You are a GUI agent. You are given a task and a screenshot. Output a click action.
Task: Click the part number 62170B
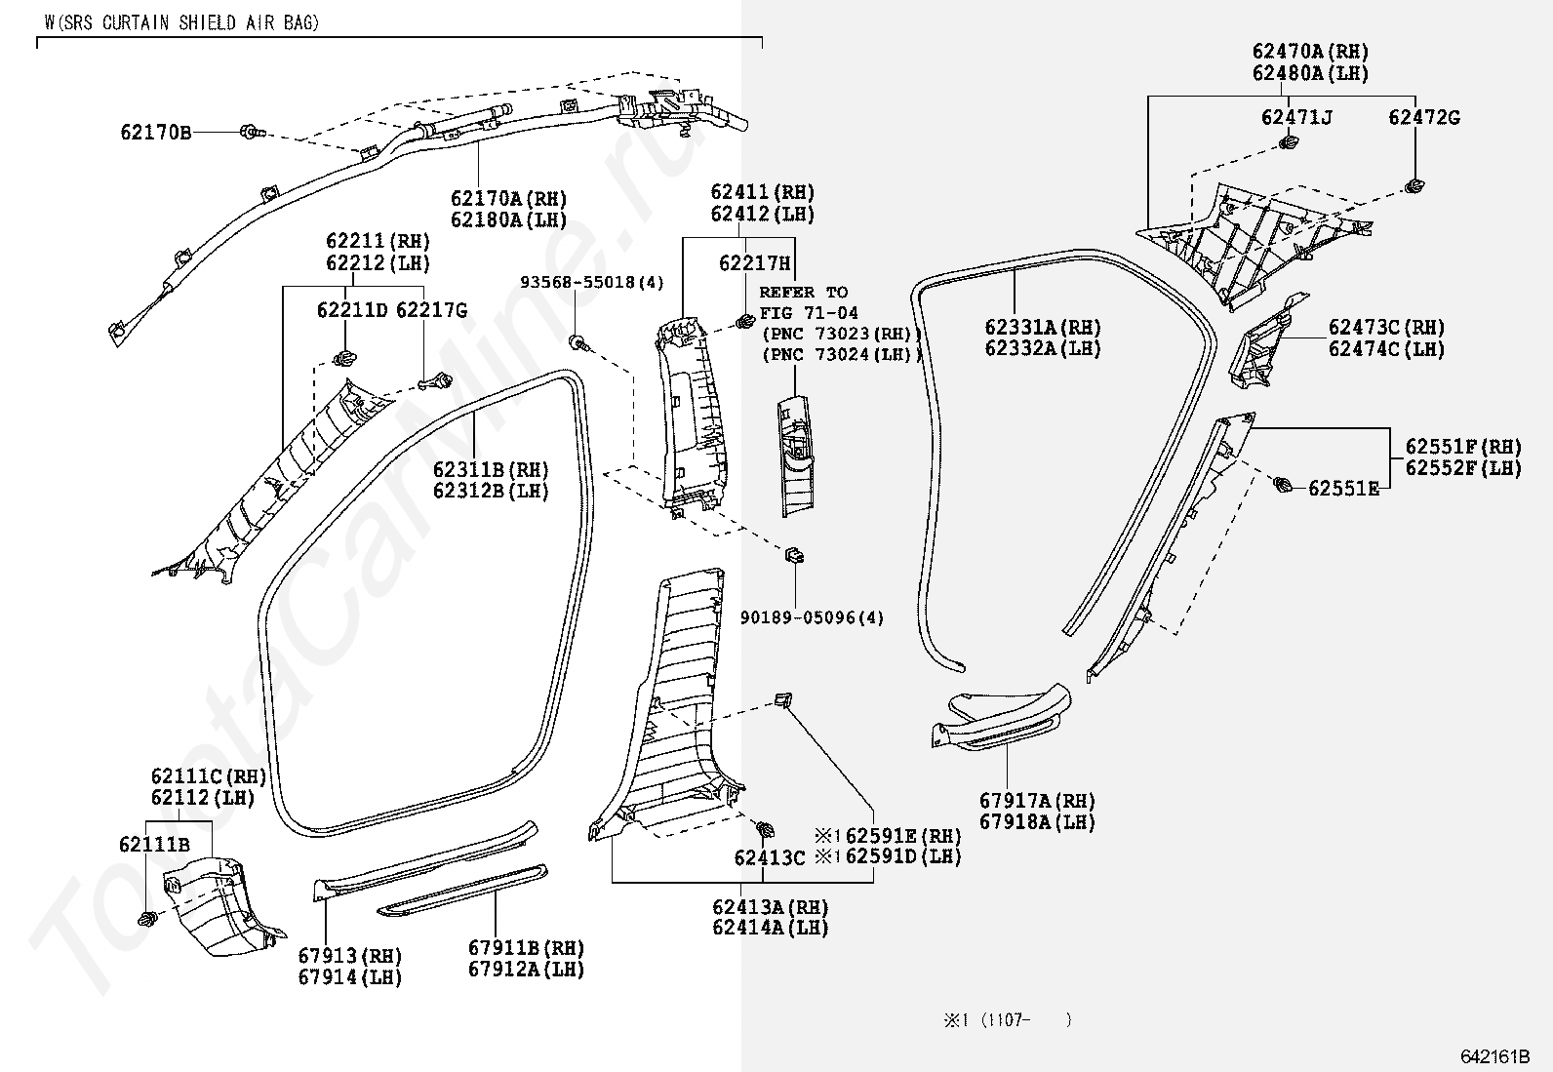click(x=156, y=132)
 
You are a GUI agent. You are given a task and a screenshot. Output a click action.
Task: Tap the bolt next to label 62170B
click(x=252, y=131)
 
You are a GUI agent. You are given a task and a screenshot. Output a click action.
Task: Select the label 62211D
click(x=352, y=310)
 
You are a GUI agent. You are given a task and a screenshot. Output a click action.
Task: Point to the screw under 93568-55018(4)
click(x=578, y=342)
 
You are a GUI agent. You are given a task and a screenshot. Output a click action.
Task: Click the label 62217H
click(x=754, y=262)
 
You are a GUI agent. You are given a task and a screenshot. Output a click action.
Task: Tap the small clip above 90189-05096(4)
click(x=794, y=554)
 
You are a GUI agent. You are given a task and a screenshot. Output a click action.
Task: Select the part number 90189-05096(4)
click(x=812, y=617)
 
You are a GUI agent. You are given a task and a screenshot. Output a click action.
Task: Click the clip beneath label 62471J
click(x=1289, y=143)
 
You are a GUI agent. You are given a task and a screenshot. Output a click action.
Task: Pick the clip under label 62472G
click(x=1414, y=186)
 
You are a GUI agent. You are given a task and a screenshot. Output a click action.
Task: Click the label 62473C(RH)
click(x=1386, y=328)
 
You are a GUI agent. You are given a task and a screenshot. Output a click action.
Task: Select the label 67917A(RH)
click(x=1037, y=801)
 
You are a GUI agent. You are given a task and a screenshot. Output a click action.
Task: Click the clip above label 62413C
click(x=764, y=828)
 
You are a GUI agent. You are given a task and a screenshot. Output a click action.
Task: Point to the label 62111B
click(x=154, y=844)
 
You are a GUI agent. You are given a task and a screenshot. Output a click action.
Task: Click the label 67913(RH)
click(x=350, y=956)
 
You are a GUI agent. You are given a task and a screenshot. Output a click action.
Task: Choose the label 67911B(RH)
click(x=526, y=947)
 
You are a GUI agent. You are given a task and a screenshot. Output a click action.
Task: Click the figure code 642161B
click(x=1495, y=1056)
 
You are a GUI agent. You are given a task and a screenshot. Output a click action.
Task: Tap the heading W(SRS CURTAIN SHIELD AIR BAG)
click(x=181, y=22)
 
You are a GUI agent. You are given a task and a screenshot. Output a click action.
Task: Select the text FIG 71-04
click(x=809, y=313)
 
